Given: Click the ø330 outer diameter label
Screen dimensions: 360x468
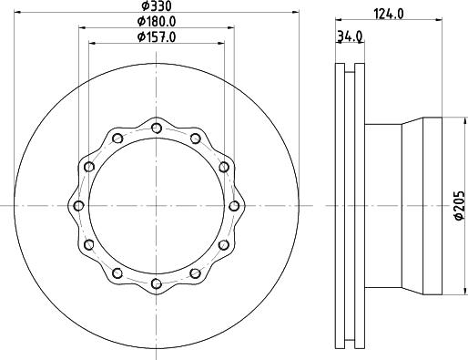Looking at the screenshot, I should (x=156, y=6).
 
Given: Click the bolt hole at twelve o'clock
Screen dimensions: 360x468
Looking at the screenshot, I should (x=157, y=127).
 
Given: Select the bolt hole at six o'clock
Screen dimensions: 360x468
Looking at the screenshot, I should (x=157, y=285).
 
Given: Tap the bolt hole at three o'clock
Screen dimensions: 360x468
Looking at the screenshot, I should (x=235, y=206).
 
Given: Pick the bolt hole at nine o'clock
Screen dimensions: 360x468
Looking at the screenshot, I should (x=77, y=206).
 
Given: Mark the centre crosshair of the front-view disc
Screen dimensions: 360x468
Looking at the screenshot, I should (x=157, y=206).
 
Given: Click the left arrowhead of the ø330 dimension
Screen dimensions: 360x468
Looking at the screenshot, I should (x=18, y=13).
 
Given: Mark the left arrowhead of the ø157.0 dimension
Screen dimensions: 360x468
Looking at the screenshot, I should (x=90, y=43).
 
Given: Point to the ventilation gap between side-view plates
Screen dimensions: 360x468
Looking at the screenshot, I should (x=350, y=206).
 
